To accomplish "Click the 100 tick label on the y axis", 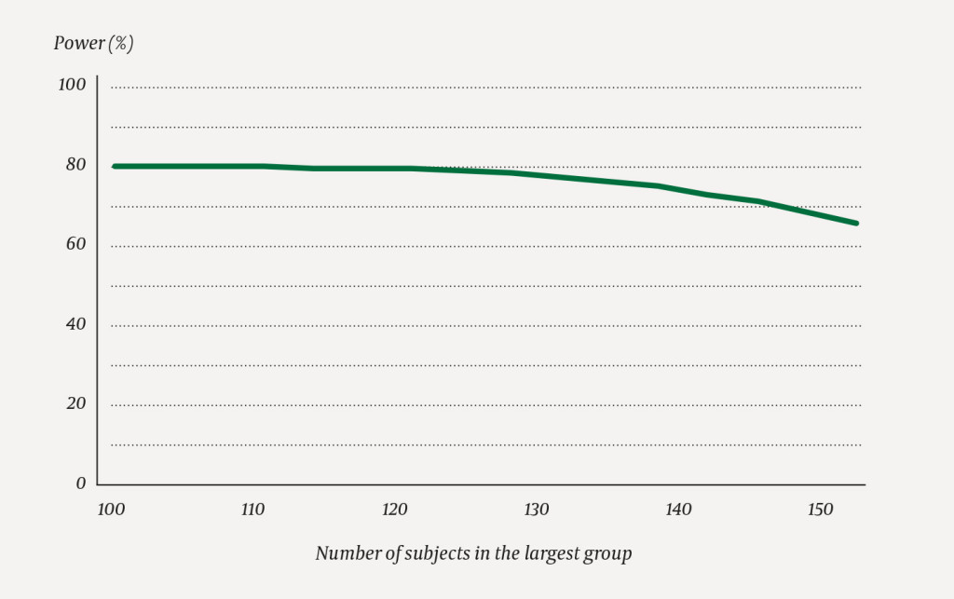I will coord(72,85).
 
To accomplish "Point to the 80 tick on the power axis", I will coord(75,165).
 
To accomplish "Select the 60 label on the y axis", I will coord(75,244).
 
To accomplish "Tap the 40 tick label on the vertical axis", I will coord(75,324).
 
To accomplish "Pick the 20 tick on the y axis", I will coord(75,403).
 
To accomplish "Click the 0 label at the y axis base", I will coord(80,483).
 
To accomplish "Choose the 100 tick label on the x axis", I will coord(111,511).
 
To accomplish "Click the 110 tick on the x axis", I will coord(252,511).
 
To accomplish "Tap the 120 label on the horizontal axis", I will coord(395,511).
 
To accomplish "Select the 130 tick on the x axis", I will coord(537,511).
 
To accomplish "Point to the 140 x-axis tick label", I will coord(678,511).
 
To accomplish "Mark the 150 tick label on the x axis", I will coord(820,511).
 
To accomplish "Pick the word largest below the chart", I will coord(543,553).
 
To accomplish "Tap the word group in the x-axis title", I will coord(608,553).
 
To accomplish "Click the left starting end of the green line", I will coord(115,167).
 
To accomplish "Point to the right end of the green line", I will coord(855,224).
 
